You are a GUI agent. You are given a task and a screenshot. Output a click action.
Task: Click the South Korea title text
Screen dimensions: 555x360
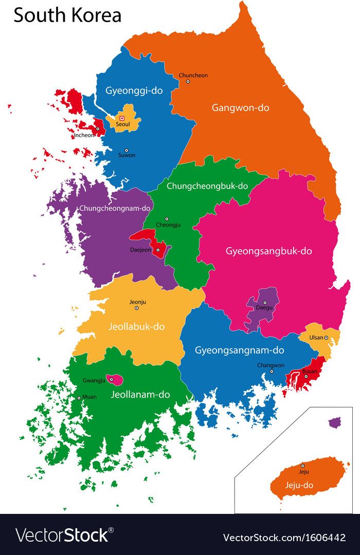click(x=67, y=15)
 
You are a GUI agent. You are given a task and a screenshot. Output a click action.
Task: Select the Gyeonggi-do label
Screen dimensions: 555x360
click(x=134, y=90)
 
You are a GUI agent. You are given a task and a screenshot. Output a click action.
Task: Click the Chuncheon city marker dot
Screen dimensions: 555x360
click(x=188, y=81)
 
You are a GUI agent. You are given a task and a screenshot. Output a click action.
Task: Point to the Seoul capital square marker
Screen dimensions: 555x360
click(x=122, y=118)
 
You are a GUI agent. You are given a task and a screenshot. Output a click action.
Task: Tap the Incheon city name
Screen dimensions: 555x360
click(x=84, y=136)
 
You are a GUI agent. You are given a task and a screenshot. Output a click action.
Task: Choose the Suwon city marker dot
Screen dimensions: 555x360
click(x=126, y=150)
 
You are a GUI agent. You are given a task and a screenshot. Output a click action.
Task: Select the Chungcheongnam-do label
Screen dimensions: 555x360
click(x=115, y=208)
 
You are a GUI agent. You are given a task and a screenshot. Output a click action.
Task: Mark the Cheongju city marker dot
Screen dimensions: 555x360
click(x=166, y=219)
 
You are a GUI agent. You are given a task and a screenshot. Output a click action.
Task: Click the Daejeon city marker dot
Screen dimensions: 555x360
click(x=158, y=250)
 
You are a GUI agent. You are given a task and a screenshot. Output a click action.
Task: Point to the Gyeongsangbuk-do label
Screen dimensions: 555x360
click(x=268, y=251)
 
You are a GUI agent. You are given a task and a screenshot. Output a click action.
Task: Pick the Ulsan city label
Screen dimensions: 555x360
click(x=316, y=338)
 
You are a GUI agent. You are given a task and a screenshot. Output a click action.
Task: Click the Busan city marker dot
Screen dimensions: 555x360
click(x=305, y=376)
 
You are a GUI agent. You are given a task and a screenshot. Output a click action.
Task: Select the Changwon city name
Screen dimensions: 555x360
click(x=271, y=365)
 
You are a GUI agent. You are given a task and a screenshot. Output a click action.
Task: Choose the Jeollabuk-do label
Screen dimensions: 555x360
click(x=136, y=326)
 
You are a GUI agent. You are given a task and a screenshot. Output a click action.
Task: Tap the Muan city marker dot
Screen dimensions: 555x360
click(x=79, y=397)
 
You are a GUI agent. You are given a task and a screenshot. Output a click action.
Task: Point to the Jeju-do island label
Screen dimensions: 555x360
click(x=299, y=485)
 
